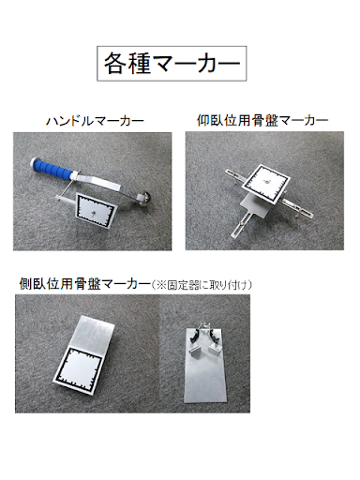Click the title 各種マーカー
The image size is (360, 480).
pyautogui.click(x=172, y=63)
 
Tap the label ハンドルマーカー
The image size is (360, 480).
pyautogui.click(x=95, y=121)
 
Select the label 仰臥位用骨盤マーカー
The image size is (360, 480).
pyautogui.click(x=262, y=120)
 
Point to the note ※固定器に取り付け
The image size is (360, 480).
pyautogui.click(x=202, y=285)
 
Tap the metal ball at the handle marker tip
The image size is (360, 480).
pyautogui.click(x=144, y=199)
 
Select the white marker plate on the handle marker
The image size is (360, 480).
pyautogui.click(x=95, y=210)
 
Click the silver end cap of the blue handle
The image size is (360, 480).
pyautogui.click(x=34, y=163)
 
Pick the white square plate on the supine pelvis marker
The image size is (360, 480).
pyautogui.click(x=266, y=184)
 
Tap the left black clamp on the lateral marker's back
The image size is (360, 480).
pyautogui.click(x=194, y=337)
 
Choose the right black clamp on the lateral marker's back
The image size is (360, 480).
pyautogui.click(x=215, y=336)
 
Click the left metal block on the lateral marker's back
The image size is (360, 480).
pyautogui.click(x=196, y=352)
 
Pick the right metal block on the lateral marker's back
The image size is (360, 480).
pyautogui.click(x=216, y=349)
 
